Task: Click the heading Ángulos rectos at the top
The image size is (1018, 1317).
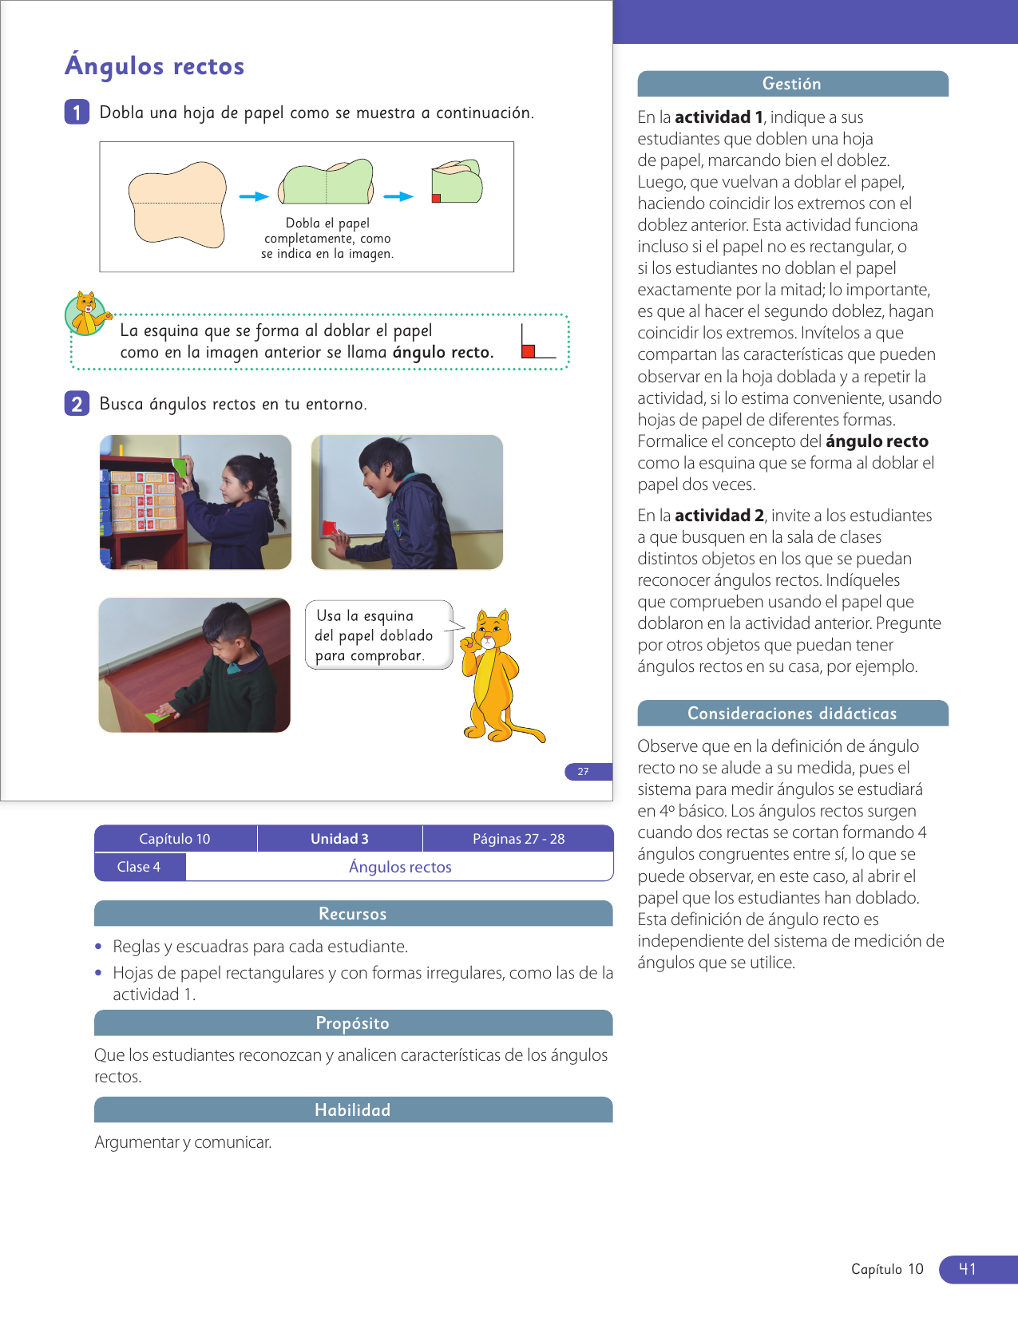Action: coord(154,65)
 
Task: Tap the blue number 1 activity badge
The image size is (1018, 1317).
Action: coord(77,113)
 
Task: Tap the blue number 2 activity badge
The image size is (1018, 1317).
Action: coord(77,404)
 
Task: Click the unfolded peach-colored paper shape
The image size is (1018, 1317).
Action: coord(177,204)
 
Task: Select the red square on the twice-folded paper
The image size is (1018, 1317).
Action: coord(436,198)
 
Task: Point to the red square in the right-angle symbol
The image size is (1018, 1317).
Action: coord(528,351)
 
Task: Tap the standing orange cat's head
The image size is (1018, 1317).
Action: coord(492,631)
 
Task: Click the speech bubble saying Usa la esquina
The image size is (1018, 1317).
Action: coord(378,635)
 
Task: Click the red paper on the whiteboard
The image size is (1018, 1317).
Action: coord(329,528)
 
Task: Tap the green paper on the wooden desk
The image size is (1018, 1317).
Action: coord(162,716)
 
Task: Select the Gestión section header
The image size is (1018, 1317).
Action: coord(792,84)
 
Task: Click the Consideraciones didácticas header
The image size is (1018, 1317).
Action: coord(792,714)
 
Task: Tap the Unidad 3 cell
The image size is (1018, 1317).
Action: coord(339,839)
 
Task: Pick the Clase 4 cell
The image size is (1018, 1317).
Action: coord(139,867)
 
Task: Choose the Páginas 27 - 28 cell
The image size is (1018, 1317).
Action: coord(518,839)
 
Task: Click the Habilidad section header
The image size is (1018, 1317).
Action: coord(353,1110)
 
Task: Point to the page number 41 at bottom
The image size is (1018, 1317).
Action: coord(968,1269)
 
